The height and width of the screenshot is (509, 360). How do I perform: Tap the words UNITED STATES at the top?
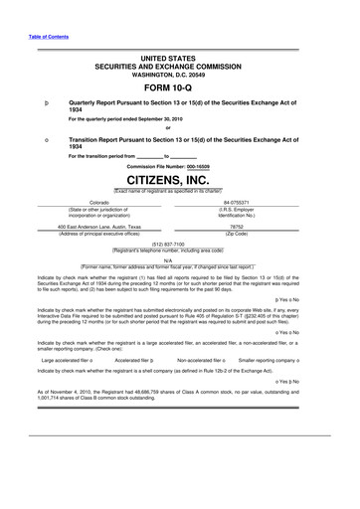pos(179,60)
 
